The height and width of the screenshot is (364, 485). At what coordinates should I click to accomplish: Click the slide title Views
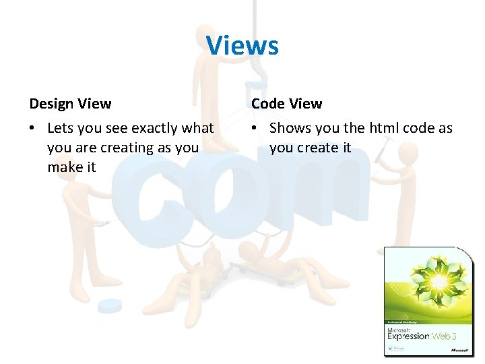(x=242, y=46)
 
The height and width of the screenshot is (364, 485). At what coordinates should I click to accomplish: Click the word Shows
(x=290, y=128)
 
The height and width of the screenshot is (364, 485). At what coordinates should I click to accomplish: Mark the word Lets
(x=61, y=128)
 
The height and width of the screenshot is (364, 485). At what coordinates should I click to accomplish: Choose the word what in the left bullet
(x=198, y=128)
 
